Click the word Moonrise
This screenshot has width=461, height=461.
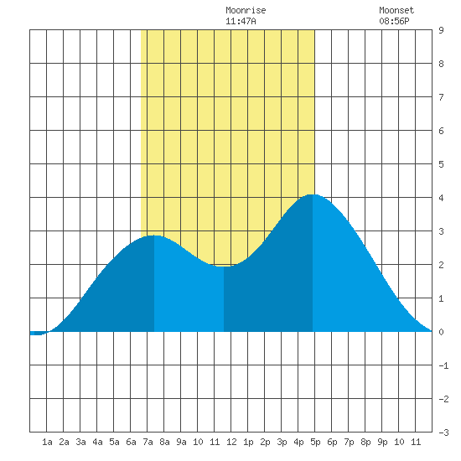[246, 10]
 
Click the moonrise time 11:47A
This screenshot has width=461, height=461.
[241, 21]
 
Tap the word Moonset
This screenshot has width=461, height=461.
[396, 10]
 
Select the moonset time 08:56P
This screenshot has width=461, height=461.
[394, 21]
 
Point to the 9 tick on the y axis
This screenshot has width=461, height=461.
[441, 30]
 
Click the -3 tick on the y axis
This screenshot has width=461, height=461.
[443, 433]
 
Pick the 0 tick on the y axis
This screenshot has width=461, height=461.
[441, 332]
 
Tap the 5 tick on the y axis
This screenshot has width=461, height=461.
[441, 164]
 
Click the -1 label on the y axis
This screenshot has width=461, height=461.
[443, 365]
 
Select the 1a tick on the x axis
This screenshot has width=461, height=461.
[47, 442]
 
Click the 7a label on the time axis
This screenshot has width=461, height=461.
[148, 442]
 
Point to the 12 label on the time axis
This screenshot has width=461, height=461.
[231, 442]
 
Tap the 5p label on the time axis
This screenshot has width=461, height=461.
[315, 442]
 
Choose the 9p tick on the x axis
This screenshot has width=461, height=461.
[382, 442]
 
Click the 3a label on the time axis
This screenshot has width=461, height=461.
[80, 442]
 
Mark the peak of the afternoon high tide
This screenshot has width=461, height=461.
[313, 194]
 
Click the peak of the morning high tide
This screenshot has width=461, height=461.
[154, 236]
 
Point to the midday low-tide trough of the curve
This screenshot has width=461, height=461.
[224, 267]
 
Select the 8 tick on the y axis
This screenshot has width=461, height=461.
[441, 64]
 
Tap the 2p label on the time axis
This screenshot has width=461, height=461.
[265, 442]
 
